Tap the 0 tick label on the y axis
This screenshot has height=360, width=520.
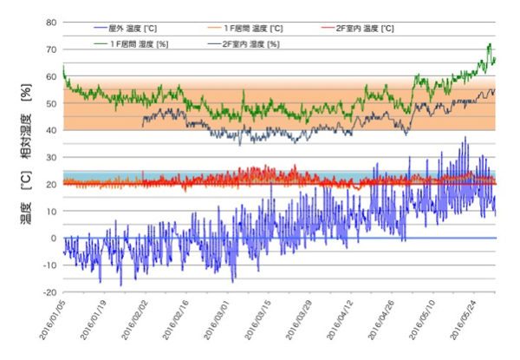(x=55, y=239)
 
